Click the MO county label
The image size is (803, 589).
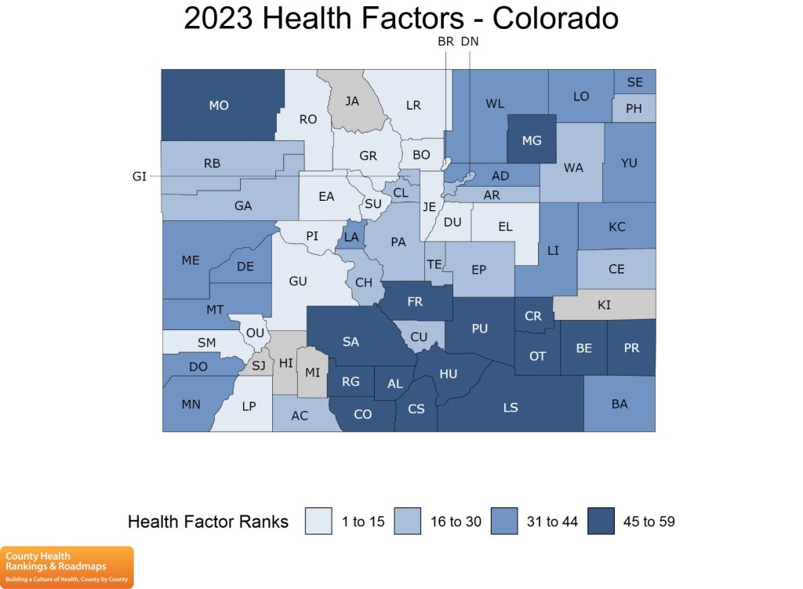[x=219, y=105]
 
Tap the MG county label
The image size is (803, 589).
[x=532, y=140]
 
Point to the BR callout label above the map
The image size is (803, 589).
[x=445, y=42]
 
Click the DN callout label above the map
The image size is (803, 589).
[x=470, y=42]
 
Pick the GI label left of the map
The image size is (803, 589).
[x=140, y=176]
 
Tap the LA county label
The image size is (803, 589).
[x=351, y=237]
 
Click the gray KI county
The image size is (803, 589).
[x=604, y=304]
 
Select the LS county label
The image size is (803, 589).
[x=511, y=407]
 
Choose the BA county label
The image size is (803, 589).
[x=620, y=404]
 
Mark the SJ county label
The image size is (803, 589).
[x=258, y=365]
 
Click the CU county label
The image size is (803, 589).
[x=420, y=336]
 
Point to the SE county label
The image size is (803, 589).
[x=634, y=82]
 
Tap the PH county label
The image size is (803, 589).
[x=634, y=108]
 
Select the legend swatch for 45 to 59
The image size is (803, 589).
[x=601, y=522]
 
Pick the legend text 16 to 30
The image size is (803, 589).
[x=455, y=522]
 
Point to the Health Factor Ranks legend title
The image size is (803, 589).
[x=208, y=522]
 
